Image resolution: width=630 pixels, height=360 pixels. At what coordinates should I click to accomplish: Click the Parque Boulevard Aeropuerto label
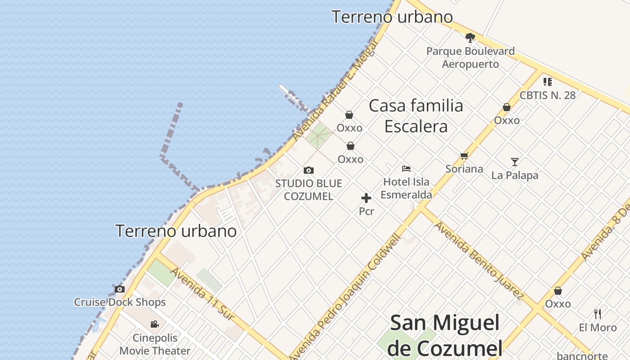pyautogui.click(x=470, y=58)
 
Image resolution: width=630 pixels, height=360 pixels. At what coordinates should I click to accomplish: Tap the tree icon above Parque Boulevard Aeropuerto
pyautogui.click(x=470, y=37)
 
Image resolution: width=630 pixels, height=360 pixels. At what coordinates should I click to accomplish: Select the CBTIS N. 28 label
pyautogui.click(x=547, y=95)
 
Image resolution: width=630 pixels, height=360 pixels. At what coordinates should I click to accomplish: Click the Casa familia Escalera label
pyautogui.click(x=416, y=116)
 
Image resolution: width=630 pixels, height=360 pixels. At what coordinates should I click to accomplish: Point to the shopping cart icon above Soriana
pyautogui.click(x=464, y=156)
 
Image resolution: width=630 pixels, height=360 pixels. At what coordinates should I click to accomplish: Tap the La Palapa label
pyautogui.click(x=515, y=175)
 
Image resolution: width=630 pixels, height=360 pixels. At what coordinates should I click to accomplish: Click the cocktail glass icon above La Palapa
pyautogui.click(x=515, y=162)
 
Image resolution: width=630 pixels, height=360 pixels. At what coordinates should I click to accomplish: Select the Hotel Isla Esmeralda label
pyautogui.click(x=406, y=188)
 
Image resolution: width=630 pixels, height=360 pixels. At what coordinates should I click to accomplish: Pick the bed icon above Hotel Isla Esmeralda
pyautogui.click(x=406, y=169)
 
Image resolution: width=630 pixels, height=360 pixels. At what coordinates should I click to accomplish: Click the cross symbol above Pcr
pyautogui.click(x=366, y=198)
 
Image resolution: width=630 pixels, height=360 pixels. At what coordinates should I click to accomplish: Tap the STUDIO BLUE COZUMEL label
pyautogui.click(x=309, y=190)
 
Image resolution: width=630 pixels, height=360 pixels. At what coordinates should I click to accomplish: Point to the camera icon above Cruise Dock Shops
pyautogui.click(x=120, y=289)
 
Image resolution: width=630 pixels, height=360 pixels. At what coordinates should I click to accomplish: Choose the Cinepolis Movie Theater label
pyautogui.click(x=155, y=344)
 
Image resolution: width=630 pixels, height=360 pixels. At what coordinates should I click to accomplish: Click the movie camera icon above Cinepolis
pyautogui.click(x=154, y=324)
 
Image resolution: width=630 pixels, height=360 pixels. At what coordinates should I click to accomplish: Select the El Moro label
pyautogui.click(x=598, y=328)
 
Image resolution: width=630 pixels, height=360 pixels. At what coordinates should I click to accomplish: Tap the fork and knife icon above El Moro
pyautogui.click(x=598, y=314)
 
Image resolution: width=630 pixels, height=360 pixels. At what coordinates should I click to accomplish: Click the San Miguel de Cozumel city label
pyautogui.click(x=445, y=335)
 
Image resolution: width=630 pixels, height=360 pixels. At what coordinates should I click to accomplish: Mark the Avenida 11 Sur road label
pyautogui.click(x=202, y=294)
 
